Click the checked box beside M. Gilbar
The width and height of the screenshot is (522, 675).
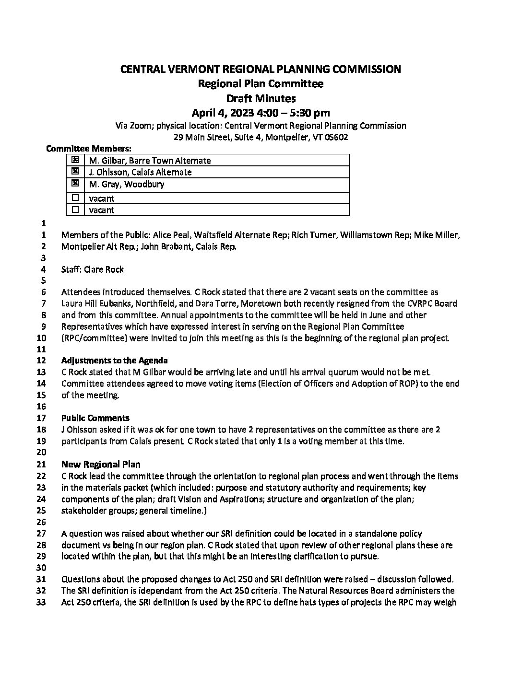tap(75, 160)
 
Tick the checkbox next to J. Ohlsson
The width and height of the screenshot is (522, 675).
tap(75, 171)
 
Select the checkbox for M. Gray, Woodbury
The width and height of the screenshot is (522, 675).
tap(75, 183)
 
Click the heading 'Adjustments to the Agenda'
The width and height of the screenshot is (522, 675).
tap(114, 361)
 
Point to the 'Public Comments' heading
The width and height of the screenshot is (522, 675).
tap(95, 418)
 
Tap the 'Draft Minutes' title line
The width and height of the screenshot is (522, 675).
tap(261, 99)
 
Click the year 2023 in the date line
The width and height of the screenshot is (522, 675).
tap(238, 113)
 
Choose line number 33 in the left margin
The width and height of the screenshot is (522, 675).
tap(41, 603)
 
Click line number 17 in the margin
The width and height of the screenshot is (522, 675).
tap(41, 418)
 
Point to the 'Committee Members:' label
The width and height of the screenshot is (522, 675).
tap(89, 149)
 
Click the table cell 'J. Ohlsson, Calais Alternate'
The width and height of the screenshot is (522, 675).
tap(140, 172)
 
